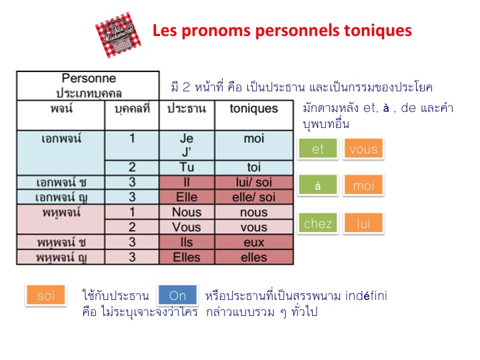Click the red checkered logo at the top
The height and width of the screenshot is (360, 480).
coord(119,35)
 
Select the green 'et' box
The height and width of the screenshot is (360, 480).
coord(318,149)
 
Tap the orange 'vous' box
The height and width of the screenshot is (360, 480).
coord(363,149)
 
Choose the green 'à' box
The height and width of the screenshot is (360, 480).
coord(318,186)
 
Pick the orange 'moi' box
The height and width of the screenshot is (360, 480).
coord(363,186)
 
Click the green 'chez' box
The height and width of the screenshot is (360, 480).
coord(318,223)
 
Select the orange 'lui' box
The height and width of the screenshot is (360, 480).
coord(363,223)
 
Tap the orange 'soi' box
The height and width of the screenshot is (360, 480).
coord(46,295)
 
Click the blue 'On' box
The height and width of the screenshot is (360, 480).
coord(177,295)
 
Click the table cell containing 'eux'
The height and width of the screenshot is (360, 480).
coord(253,243)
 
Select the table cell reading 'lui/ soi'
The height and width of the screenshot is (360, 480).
coord(253,183)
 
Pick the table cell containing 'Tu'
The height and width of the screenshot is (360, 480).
coord(187,167)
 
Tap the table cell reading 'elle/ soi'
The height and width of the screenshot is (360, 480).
coord(253,197)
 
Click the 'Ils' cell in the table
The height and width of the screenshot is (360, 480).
coord(187,243)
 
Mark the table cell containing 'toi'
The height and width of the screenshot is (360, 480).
coord(253,167)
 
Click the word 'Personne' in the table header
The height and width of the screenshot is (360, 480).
coord(89,79)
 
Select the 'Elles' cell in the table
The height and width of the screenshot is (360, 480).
coord(187,257)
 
